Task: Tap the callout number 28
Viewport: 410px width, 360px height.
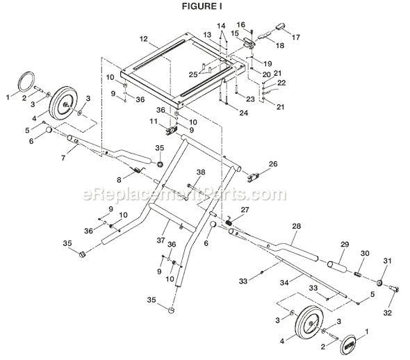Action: click(x=296, y=227)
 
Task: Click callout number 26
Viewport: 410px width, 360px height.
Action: click(x=273, y=164)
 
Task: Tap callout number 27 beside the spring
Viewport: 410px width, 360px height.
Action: click(x=244, y=210)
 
